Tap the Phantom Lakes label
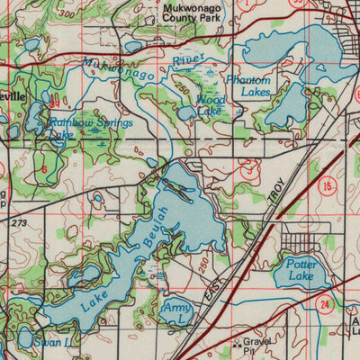point(248,85)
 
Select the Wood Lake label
point(211,105)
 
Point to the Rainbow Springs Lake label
point(90,127)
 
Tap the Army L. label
point(178,313)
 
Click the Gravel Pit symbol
point(237,342)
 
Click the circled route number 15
point(328,185)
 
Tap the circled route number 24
point(322,305)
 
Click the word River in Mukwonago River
point(189,61)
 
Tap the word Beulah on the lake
point(154,229)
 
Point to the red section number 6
point(43,168)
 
